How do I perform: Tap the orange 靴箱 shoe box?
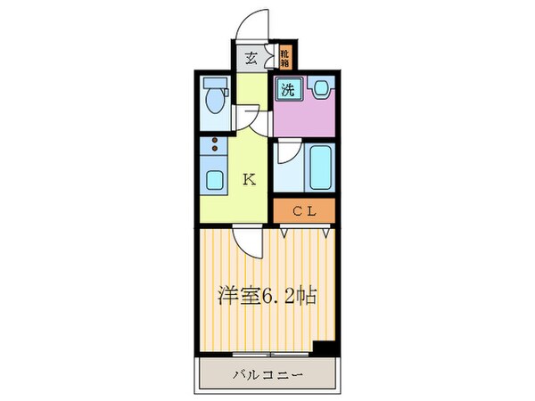(284, 59)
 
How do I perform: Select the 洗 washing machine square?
(288, 88)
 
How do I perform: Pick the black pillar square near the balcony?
(326, 349)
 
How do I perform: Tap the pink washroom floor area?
(303, 116)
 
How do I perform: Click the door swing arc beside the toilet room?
(250, 114)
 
